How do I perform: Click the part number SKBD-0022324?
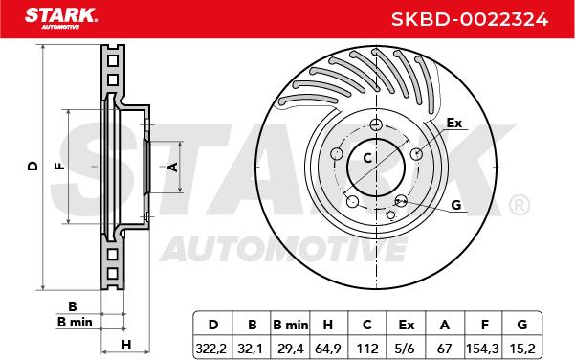click(x=470, y=19)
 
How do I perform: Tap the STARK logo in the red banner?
click(x=61, y=18)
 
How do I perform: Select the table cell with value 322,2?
click(x=212, y=349)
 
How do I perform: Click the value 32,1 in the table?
click(x=252, y=349)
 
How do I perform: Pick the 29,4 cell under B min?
click(x=291, y=349)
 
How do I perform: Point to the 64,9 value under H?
click(x=328, y=349)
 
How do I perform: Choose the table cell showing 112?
click(x=367, y=349)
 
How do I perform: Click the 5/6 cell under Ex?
click(x=406, y=349)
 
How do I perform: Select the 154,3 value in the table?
click(x=482, y=349)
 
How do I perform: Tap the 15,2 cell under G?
click(x=521, y=349)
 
